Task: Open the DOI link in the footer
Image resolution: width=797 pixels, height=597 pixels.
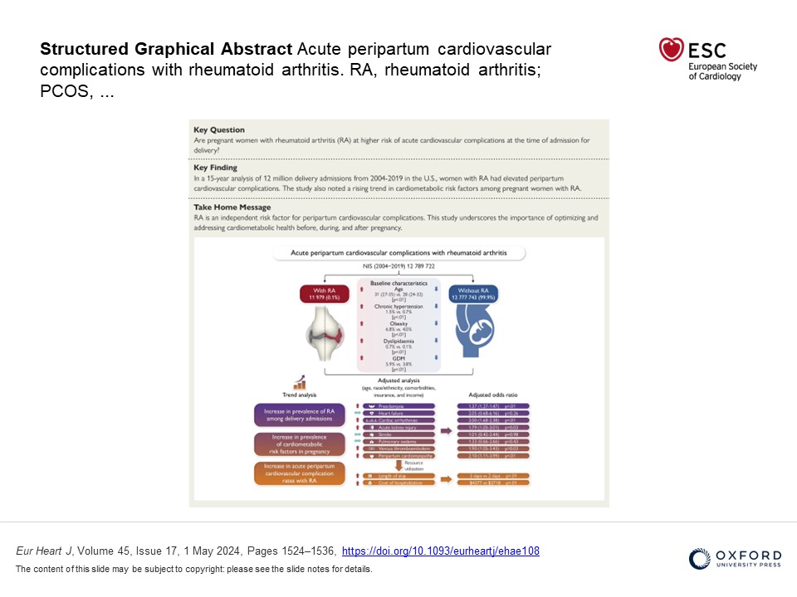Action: coord(441,551)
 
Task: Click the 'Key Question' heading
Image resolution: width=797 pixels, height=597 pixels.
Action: coord(219,130)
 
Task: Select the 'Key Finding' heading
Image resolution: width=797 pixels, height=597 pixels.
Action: coord(215,167)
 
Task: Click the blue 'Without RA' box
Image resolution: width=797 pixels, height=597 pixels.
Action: coord(472,294)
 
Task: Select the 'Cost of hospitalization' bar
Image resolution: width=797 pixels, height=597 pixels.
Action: coord(399,482)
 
